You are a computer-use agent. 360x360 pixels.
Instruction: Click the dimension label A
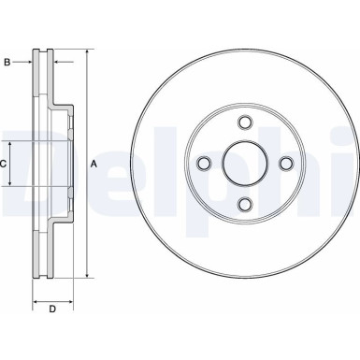(x=94, y=165)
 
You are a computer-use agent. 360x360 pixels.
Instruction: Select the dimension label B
(x=7, y=63)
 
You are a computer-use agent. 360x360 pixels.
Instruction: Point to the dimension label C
(x=5, y=165)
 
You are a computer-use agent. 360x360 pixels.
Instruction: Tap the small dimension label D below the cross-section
(x=52, y=310)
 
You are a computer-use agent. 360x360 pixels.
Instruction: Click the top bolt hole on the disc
(x=246, y=122)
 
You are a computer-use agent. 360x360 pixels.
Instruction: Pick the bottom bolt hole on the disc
(x=246, y=205)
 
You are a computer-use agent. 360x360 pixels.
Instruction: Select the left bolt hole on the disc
(x=204, y=164)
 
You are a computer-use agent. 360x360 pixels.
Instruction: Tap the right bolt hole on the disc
(x=288, y=164)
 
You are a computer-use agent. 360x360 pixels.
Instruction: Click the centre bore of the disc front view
(x=246, y=164)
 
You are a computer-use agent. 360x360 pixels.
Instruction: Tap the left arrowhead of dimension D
(x=36, y=301)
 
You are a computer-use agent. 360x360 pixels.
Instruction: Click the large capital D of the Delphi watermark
(x=28, y=159)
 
